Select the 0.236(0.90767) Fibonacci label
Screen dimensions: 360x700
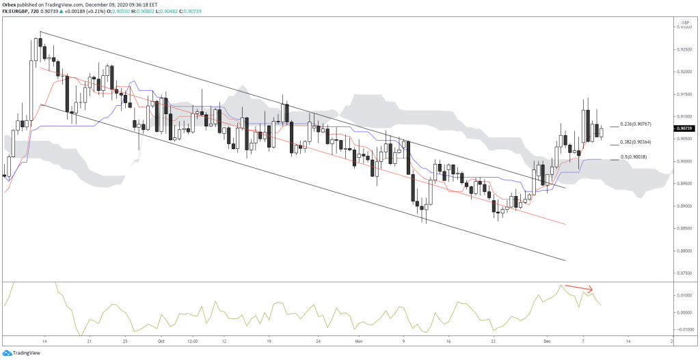point(635,124)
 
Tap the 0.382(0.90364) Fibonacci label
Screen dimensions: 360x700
point(635,142)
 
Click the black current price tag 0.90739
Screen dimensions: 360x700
point(685,128)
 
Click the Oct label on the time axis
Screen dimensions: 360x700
point(161,340)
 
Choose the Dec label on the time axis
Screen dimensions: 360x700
point(546,340)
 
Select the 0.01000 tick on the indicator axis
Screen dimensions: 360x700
point(685,296)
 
